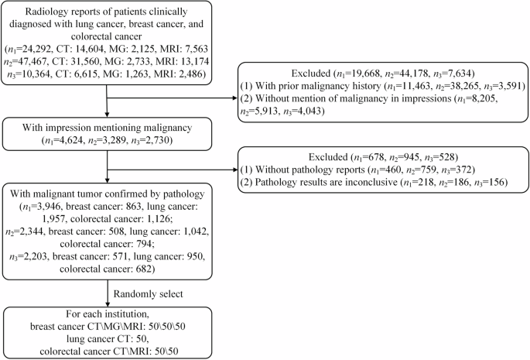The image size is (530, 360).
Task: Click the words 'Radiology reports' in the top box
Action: click(x=56, y=12)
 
